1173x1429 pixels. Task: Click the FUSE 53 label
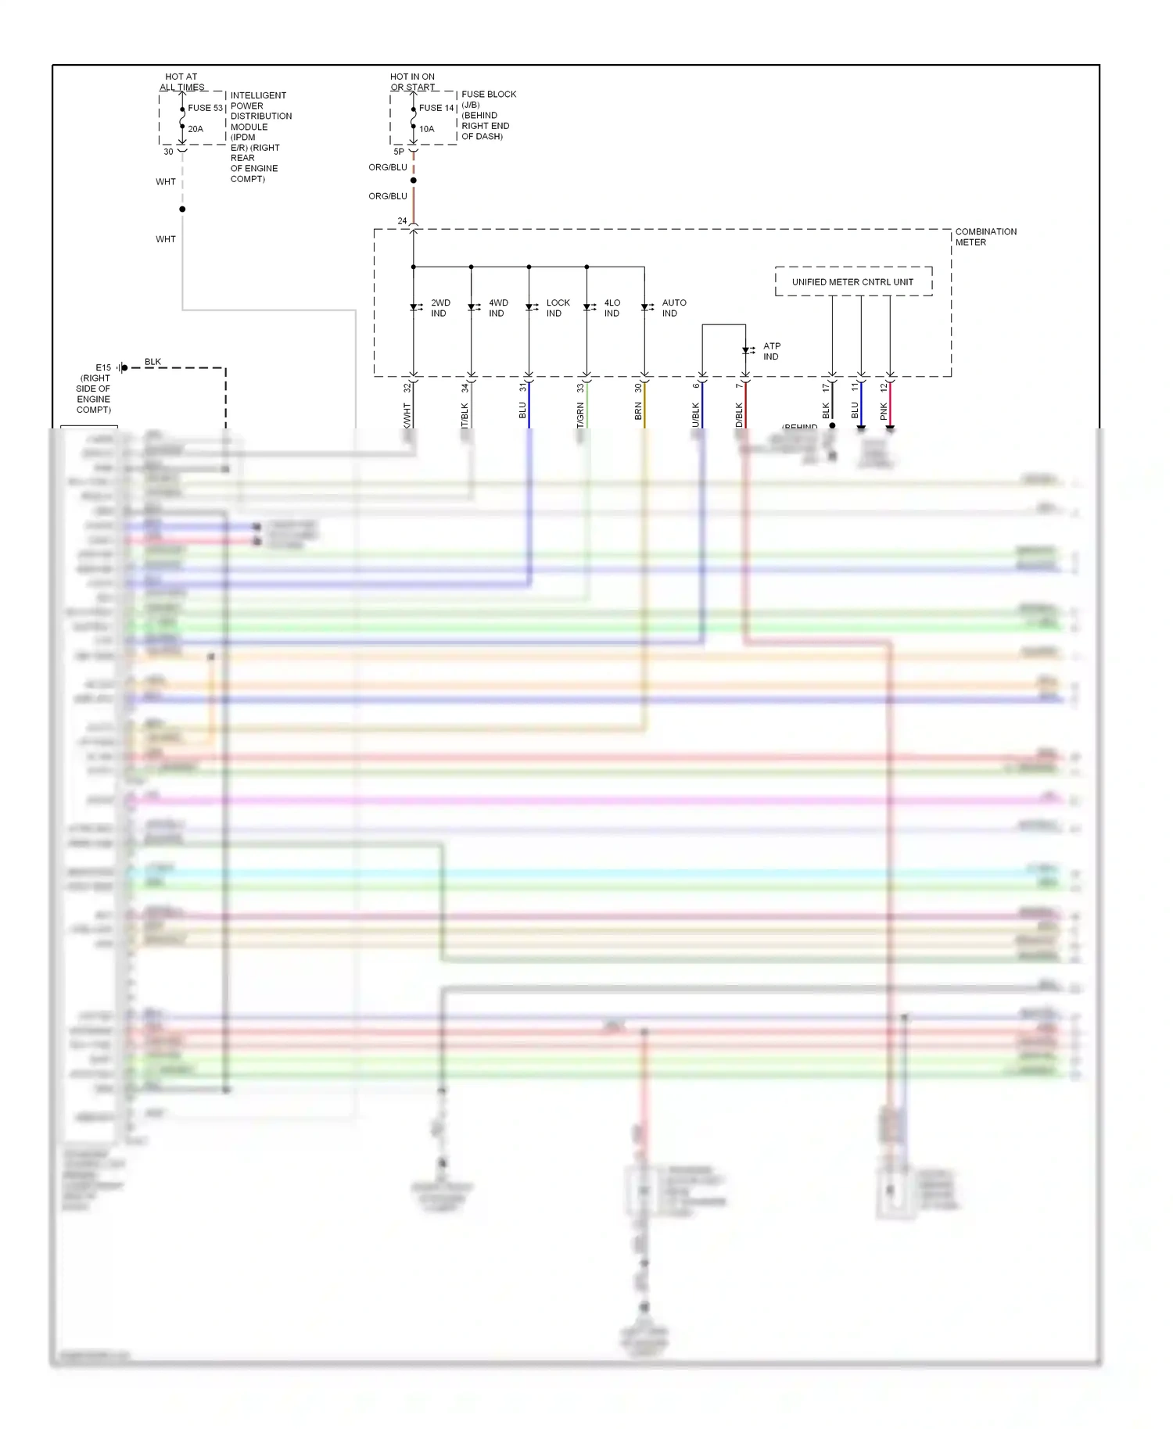click(205, 108)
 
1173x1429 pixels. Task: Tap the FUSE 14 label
click(436, 108)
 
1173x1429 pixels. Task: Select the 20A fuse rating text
click(195, 129)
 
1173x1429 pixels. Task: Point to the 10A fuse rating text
click(426, 129)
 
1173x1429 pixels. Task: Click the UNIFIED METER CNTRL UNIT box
click(852, 282)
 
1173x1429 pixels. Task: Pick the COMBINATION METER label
click(985, 237)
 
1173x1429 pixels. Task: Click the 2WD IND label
click(440, 308)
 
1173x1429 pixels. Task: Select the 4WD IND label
click(498, 308)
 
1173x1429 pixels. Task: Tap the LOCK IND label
click(558, 308)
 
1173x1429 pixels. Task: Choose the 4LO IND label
click(612, 308)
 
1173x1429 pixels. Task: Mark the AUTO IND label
click(673, 308)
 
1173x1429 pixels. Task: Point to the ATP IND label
click(772, 351)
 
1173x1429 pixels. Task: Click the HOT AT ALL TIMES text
click(181, 82)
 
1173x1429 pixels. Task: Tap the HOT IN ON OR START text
click(413, 82)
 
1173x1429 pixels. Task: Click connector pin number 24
click(402, 221)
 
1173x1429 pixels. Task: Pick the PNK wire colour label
click(884, 411)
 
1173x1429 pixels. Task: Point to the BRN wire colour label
click(638, 411)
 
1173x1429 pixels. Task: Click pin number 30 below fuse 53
click(168, 152)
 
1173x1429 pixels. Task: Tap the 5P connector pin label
click(399, 152)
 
